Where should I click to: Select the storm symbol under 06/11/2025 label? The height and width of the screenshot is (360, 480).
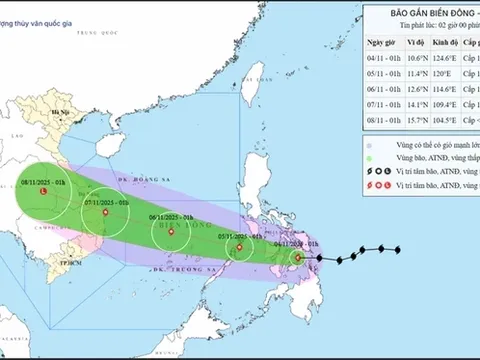pyautogui.click(x=173, y=232)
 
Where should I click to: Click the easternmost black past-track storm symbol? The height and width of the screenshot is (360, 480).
pyautogui.click(x=396, y=250)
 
